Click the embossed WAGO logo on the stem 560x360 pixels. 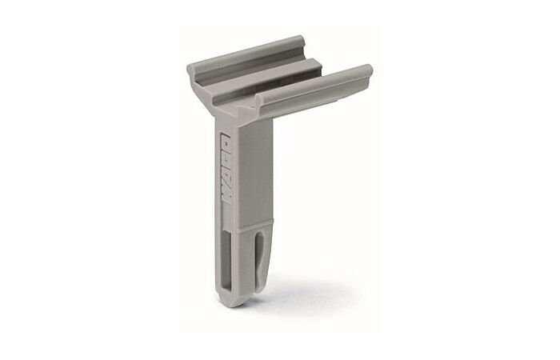226,170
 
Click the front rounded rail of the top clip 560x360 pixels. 314,83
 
